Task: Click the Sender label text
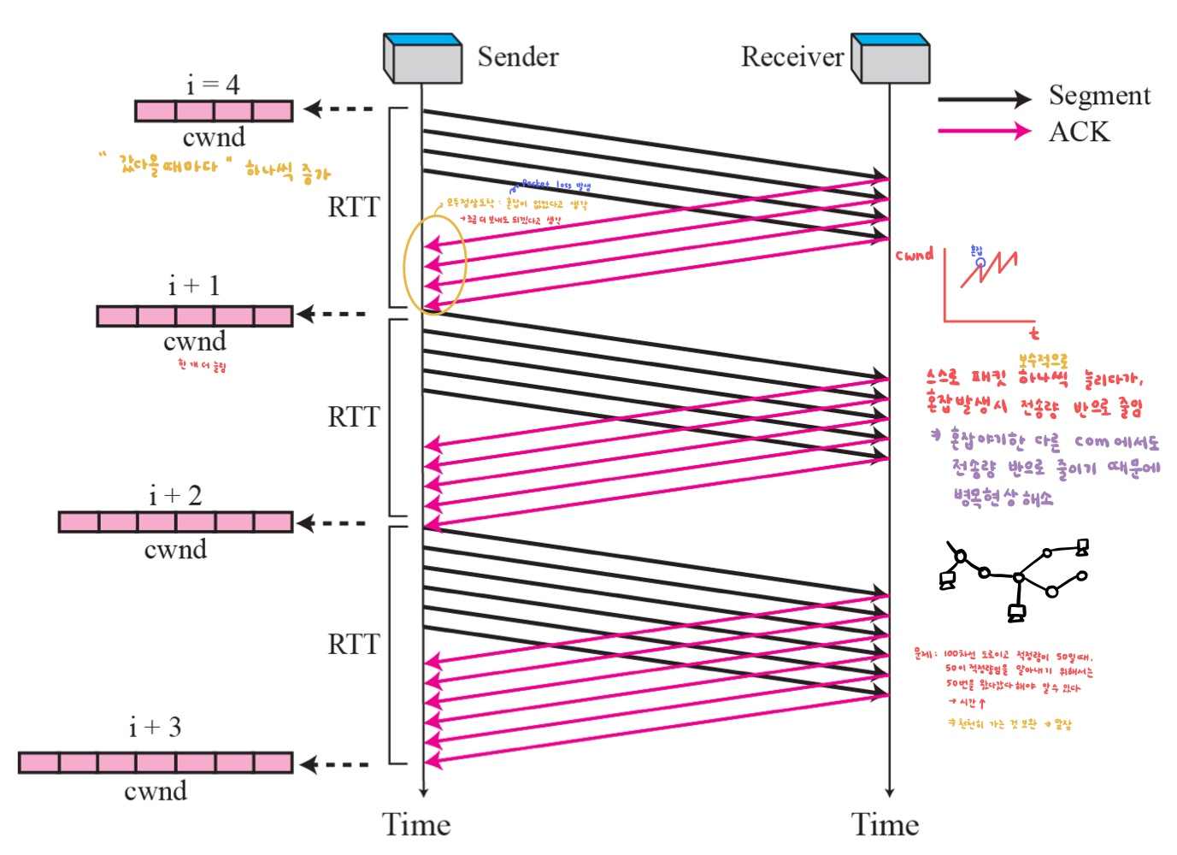coord(517,56)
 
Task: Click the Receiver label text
coord(792,56)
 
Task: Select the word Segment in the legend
coord(1099,95)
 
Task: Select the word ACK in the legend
coord(1079,132)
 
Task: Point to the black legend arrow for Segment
coord(983,99)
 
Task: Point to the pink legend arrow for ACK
coord(983,131)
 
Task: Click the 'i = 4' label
coord(213,84)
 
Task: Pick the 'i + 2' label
coord(175,495)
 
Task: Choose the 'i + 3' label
coord(155,727)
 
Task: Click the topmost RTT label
coord(353,207)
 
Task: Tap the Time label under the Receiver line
coord(885,824)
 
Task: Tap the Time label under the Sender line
coord(416,824)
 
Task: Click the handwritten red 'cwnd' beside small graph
coord(914,255)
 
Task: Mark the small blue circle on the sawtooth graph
coord(980,262)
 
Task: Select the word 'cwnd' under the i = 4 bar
coord(214,137)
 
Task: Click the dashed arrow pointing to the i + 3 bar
coord(334,764)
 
